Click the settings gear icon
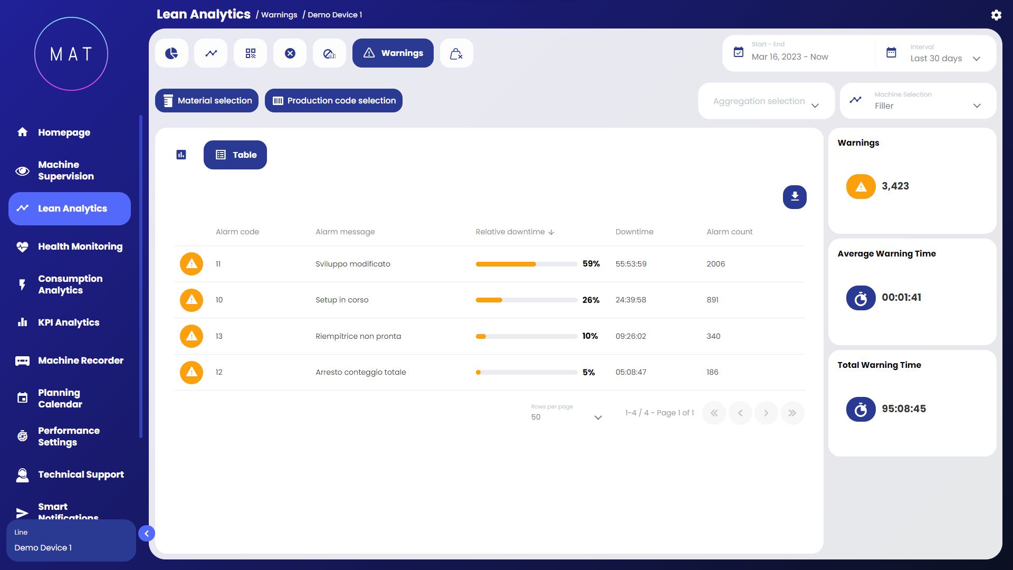click(x=996, y=15)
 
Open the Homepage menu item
click(x=64, y=132)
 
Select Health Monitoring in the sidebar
click(x=80, y=246)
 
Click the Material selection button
click(x=207, y=101)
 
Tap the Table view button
click(x=235, y=155)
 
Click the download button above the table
click(x=795, y=197)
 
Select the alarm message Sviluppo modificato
click(x=353, y=264)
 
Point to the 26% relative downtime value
click(x=590, y=300)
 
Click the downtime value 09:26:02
click(x=630, y=336)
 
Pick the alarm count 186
click(x=712, y=372)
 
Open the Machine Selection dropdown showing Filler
click(x=918, y=101)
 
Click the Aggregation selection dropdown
click(x=766, y=101)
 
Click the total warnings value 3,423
click(x=895, y=186)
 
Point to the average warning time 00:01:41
click(x=901, y=298)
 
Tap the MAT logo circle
click(x=71, y=54)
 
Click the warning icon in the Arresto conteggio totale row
click(x=192, y=372)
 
